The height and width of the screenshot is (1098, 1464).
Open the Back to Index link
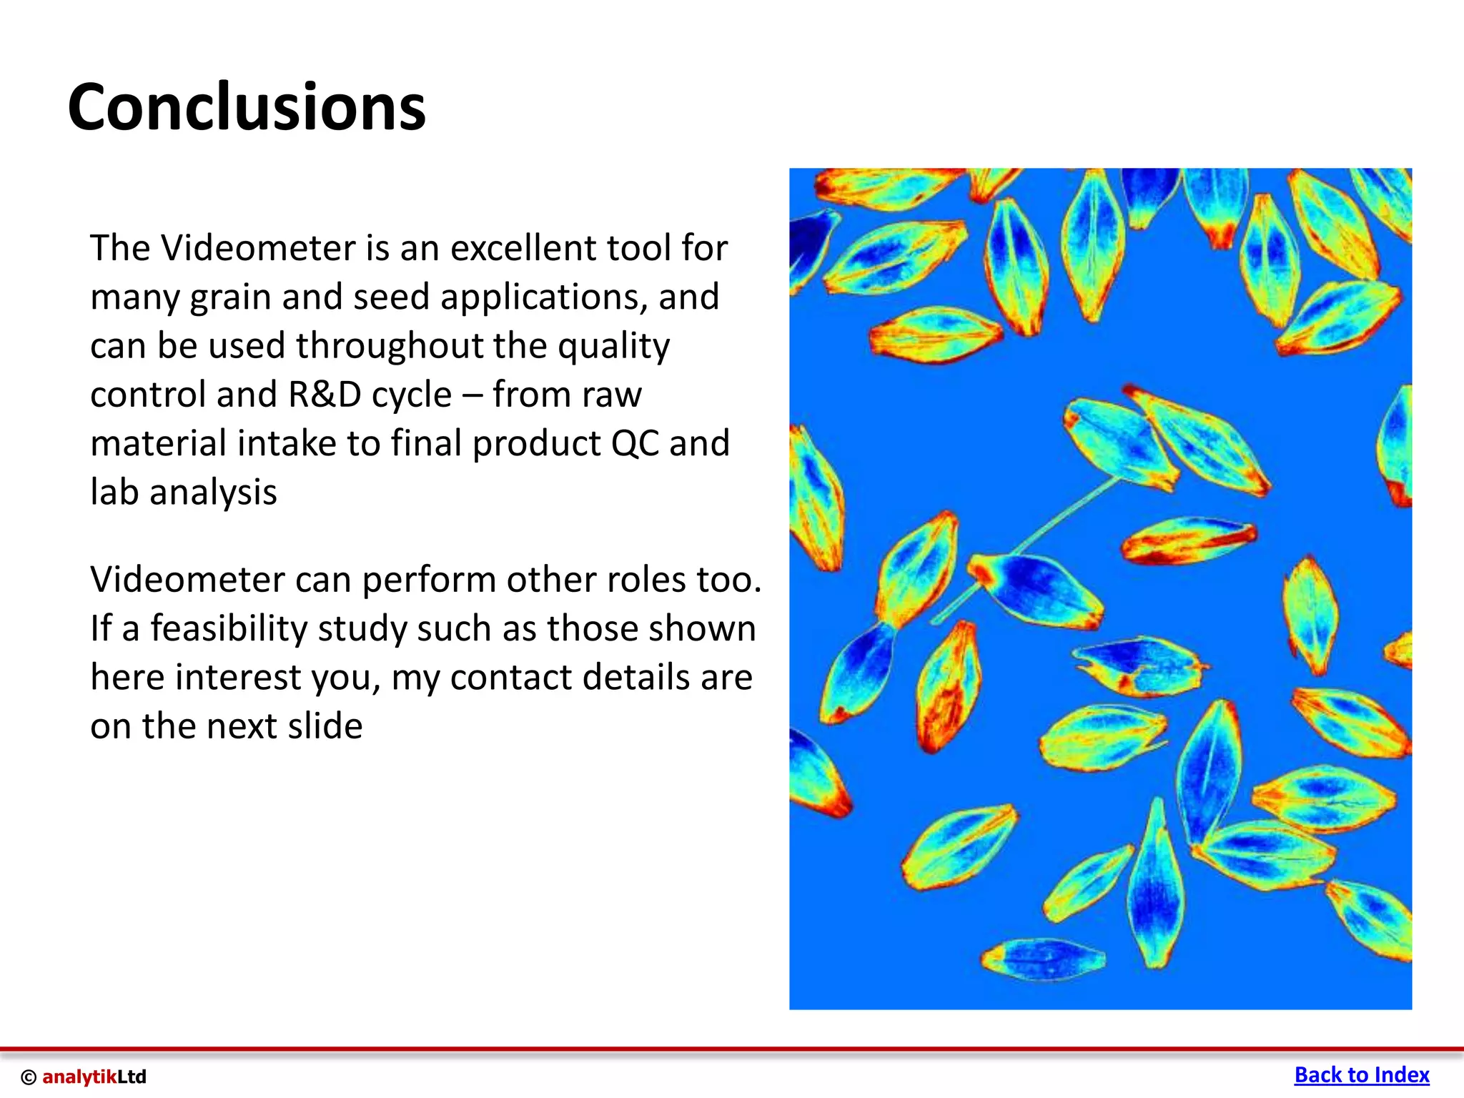pos(1361,1075)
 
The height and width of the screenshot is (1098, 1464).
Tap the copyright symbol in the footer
pos(29,1077)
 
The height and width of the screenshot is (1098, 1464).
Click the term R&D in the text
pos(325,395)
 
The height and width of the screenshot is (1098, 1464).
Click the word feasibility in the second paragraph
pos(228,628)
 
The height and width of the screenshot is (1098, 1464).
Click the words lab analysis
pos(184,493)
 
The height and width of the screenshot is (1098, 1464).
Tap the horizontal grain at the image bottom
pos(1044,958)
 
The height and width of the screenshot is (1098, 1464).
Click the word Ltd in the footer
pos(132,1077)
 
